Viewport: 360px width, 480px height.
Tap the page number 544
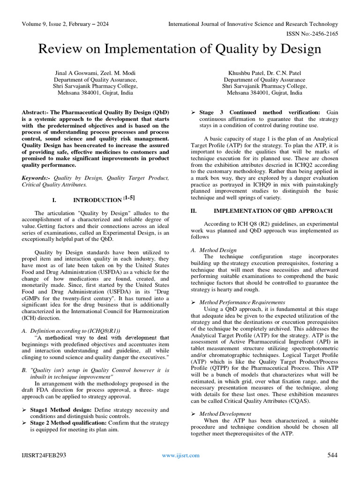[x=332, y=455]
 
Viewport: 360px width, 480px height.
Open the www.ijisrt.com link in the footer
[x=180, y=455]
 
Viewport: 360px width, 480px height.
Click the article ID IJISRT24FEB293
[x=43, y=455]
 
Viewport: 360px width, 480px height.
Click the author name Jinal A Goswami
[x=74, y=73]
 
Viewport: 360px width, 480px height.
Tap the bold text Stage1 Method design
[x=60, y=410]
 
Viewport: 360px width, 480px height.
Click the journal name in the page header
[x=253, y=24]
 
